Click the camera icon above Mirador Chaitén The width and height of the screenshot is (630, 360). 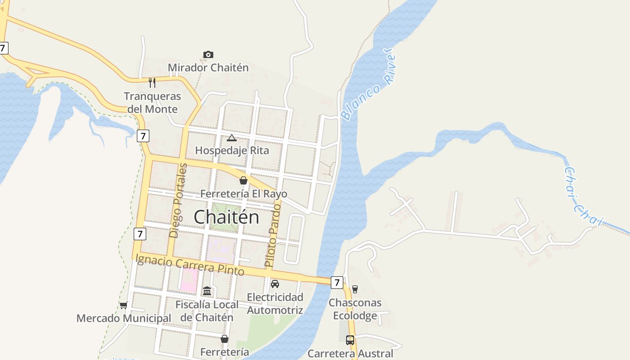click(x=208, y=54)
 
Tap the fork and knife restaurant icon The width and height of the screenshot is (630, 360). click(x=152, y=82)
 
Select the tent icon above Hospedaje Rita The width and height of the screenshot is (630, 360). click(x=231, y=138)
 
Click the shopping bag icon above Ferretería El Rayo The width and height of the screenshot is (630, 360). click(x=243, y=180)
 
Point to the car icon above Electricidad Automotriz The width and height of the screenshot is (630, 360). click(x=274, y=284)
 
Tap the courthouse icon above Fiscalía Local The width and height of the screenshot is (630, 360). click(x=207, y=291)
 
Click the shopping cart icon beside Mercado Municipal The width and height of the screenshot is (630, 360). click(x=124, y=306)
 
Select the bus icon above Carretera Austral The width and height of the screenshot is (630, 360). click(x=350, y=340)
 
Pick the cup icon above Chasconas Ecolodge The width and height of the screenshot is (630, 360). click(x=355, y=289)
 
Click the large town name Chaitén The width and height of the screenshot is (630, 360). click(x=226, y=217)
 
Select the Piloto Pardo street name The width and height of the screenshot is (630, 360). click(x=273, y=234)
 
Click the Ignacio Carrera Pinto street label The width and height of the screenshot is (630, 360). click(x=189, y=265)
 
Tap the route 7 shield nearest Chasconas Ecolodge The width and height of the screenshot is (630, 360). click(x=337, y=282)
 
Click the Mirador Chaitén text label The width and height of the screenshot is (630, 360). click(x=208, y=68)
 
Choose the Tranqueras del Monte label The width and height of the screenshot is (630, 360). click(x=152, y=103)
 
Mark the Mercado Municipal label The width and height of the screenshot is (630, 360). click(x=124, y=319)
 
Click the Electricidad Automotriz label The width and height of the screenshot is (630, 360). click(x=275, y=304)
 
